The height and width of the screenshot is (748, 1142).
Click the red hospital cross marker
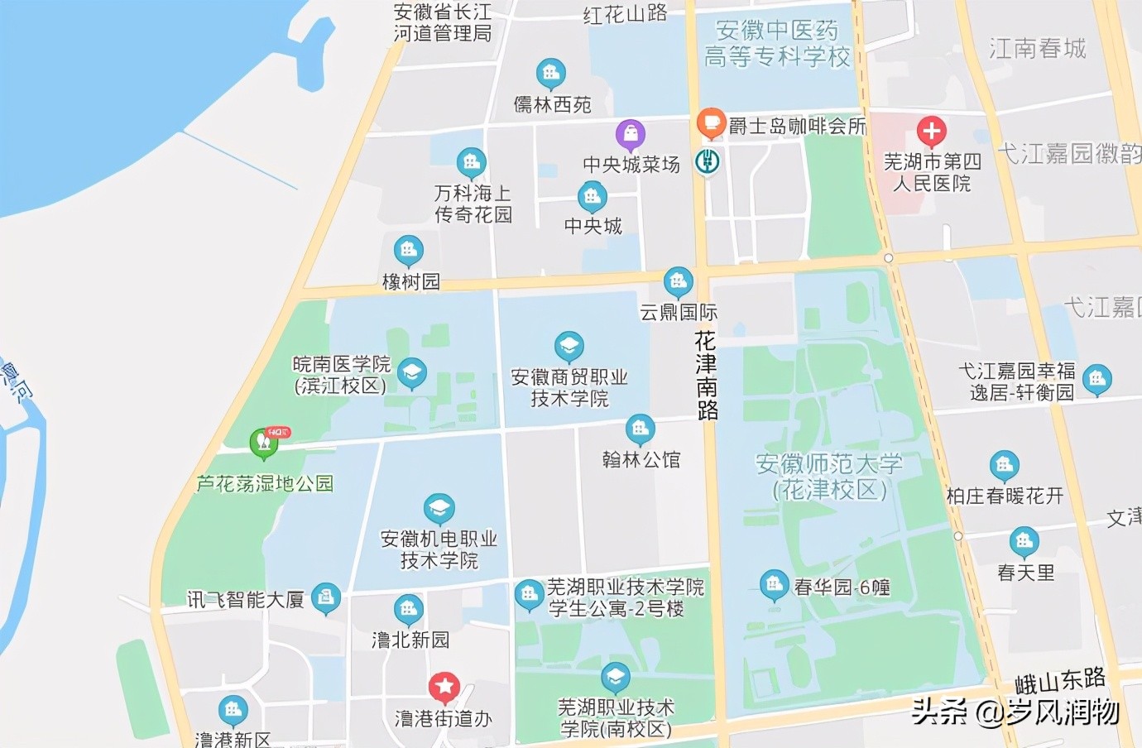click(931, 131)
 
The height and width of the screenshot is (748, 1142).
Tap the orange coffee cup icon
click(710, 122)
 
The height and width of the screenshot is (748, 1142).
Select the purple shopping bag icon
click(631, 132)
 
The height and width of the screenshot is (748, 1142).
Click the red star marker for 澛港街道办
click(444, 686)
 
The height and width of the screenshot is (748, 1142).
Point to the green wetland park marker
click(264, 442)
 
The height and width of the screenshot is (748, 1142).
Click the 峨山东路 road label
click(1060, 681)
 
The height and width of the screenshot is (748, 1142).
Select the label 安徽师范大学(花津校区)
click(829, 476)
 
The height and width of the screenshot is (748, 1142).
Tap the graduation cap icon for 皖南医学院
click(412, 372)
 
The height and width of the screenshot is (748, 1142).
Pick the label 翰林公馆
click(641, 459)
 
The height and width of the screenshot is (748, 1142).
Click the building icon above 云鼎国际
click(678, 282)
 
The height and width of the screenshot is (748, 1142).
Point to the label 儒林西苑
click(553, 104)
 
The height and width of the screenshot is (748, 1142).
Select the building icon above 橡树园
click(408, 249)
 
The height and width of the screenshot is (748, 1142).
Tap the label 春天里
click(1025, 573)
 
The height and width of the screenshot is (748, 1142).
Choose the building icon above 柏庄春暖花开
click(1004, 465)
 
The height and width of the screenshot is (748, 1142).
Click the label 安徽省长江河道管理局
click(443, 22)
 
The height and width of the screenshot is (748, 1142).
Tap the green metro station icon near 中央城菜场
click(707, 161)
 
